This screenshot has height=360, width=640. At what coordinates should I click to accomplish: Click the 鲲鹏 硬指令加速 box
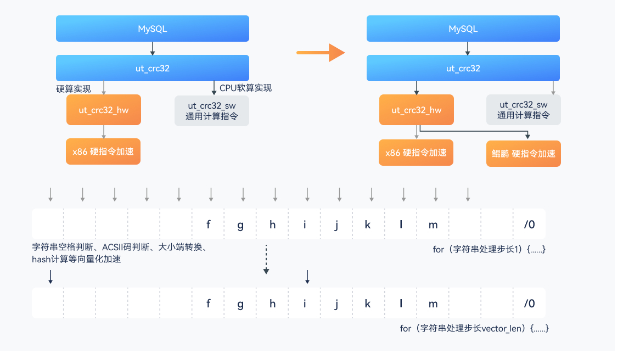tap(523, 154)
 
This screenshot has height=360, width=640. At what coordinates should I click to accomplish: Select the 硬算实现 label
tap(74, 88)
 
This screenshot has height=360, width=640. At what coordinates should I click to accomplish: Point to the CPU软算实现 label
tap(245, 88)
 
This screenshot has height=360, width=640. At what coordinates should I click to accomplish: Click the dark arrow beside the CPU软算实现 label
tap(214, 88)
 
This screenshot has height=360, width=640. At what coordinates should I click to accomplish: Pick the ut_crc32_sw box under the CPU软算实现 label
tap(211, 110)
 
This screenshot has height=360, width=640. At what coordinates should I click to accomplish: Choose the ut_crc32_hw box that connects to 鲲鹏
tap(416, 110)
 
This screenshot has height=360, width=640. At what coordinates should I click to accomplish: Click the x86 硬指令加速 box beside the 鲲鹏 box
tap(416, 153)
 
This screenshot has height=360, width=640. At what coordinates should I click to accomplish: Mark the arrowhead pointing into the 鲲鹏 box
tap(527, 136)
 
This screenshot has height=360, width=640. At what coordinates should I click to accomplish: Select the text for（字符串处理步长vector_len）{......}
tap(474, 328)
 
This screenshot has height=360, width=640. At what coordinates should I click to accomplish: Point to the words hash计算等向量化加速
tap(76, 260)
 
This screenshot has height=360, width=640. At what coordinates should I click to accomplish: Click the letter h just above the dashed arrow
tap(272, 224)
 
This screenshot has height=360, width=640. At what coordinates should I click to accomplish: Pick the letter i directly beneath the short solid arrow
tap(305, 303)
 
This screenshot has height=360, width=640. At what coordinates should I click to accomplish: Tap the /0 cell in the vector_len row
tap(529, 303)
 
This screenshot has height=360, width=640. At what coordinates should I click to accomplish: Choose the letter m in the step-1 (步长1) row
tap(433, 224)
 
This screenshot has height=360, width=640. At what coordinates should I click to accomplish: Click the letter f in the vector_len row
tap(209, 303)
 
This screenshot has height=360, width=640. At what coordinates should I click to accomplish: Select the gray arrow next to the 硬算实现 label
tap(104, 88)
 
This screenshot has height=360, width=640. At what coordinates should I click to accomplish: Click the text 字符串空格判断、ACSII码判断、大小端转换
tap(119, 248)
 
